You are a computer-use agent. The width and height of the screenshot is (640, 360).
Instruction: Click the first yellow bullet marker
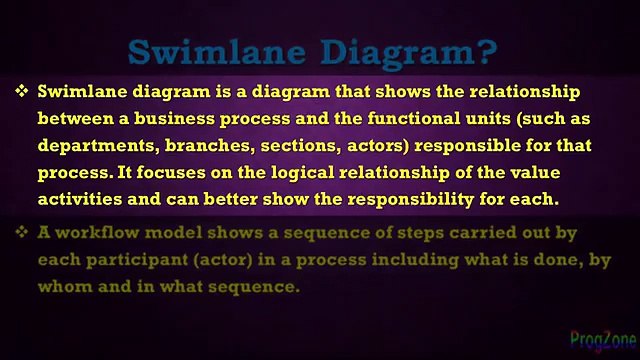[22, 91]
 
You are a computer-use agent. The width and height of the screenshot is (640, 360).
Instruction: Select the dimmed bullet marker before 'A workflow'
[22, 233]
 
